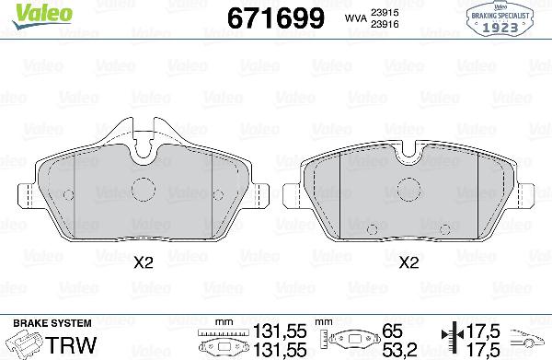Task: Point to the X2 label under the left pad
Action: (142, 262)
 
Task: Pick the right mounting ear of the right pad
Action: (532, 195)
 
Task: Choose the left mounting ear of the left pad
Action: (26, 195)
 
